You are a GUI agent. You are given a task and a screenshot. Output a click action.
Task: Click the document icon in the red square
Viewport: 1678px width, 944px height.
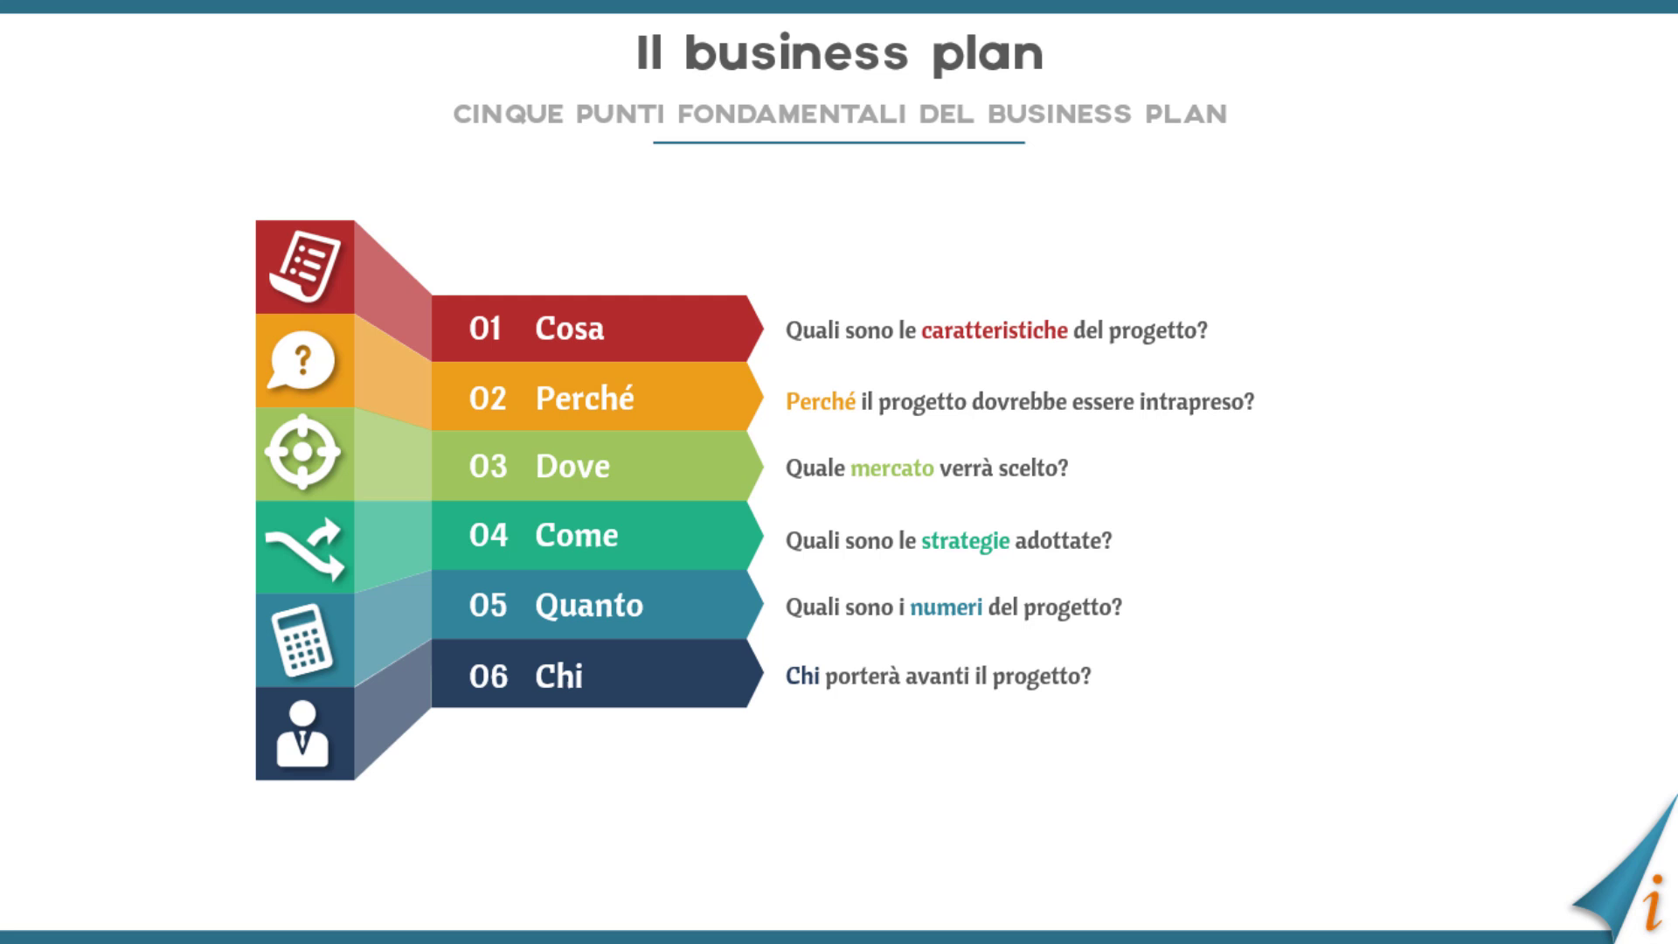point(305,266)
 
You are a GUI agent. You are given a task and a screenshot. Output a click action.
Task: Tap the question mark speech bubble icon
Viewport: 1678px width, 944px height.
point(302,360)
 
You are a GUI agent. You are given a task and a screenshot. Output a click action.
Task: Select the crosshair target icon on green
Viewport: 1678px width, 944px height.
point(302,452)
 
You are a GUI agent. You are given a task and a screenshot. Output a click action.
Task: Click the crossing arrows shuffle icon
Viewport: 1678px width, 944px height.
point(305,548)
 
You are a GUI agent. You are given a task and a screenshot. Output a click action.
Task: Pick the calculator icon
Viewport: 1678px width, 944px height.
point(302,641)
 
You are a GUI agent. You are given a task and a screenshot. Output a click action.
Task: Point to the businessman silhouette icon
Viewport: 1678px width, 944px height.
point(302,734)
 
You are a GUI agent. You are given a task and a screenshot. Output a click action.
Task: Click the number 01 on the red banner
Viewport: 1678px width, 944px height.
point(485,329)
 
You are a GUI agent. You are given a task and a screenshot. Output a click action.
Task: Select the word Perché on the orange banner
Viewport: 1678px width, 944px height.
point(585,398)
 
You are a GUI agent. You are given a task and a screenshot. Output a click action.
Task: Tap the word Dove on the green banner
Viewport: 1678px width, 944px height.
point(572,467)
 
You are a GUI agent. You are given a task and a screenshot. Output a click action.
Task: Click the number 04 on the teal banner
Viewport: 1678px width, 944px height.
point(488,535)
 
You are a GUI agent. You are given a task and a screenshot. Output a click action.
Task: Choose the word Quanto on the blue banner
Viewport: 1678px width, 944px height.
point(589,605)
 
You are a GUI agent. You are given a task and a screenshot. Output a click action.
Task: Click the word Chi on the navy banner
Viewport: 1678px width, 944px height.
point(558,676)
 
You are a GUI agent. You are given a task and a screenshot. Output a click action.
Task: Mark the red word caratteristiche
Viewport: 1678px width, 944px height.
point(995,330)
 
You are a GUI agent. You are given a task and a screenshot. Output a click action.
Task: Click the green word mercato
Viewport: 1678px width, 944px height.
point(892,469)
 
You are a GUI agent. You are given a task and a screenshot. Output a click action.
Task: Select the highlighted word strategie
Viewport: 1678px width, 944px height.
point(966,541)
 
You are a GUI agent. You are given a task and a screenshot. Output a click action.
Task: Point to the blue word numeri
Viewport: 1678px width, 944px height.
point(946,607)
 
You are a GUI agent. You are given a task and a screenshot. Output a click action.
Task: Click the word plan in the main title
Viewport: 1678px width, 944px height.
point(988,55)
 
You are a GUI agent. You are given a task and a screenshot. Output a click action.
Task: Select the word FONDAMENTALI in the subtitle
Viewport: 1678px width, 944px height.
point(792,115)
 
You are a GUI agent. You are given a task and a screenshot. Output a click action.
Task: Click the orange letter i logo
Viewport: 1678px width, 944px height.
point(1653,902)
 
